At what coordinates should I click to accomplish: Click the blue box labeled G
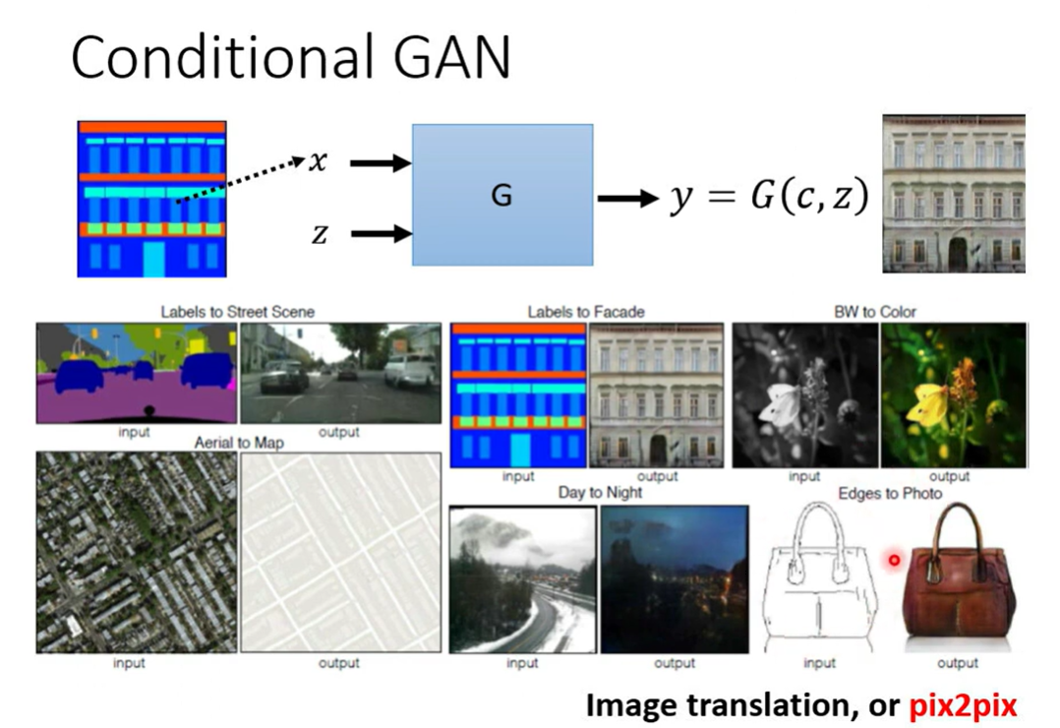click(x=501, y=195)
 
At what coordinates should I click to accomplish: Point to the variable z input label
click(x=318, y=234)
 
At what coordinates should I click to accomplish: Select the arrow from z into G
click(x=380, y=234)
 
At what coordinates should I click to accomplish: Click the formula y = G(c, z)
click(x=769, y=198)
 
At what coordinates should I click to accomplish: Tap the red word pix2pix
click(x=962, y=704)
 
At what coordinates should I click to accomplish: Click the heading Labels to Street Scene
click(x=238, y=312)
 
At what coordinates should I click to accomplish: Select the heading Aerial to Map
click(x=239, y=443)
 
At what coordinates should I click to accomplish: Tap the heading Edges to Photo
click(x=890, y=492)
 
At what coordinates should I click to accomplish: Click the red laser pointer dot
click(x=895, y=560)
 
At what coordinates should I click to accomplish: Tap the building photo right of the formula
click(x=954, y=193)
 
